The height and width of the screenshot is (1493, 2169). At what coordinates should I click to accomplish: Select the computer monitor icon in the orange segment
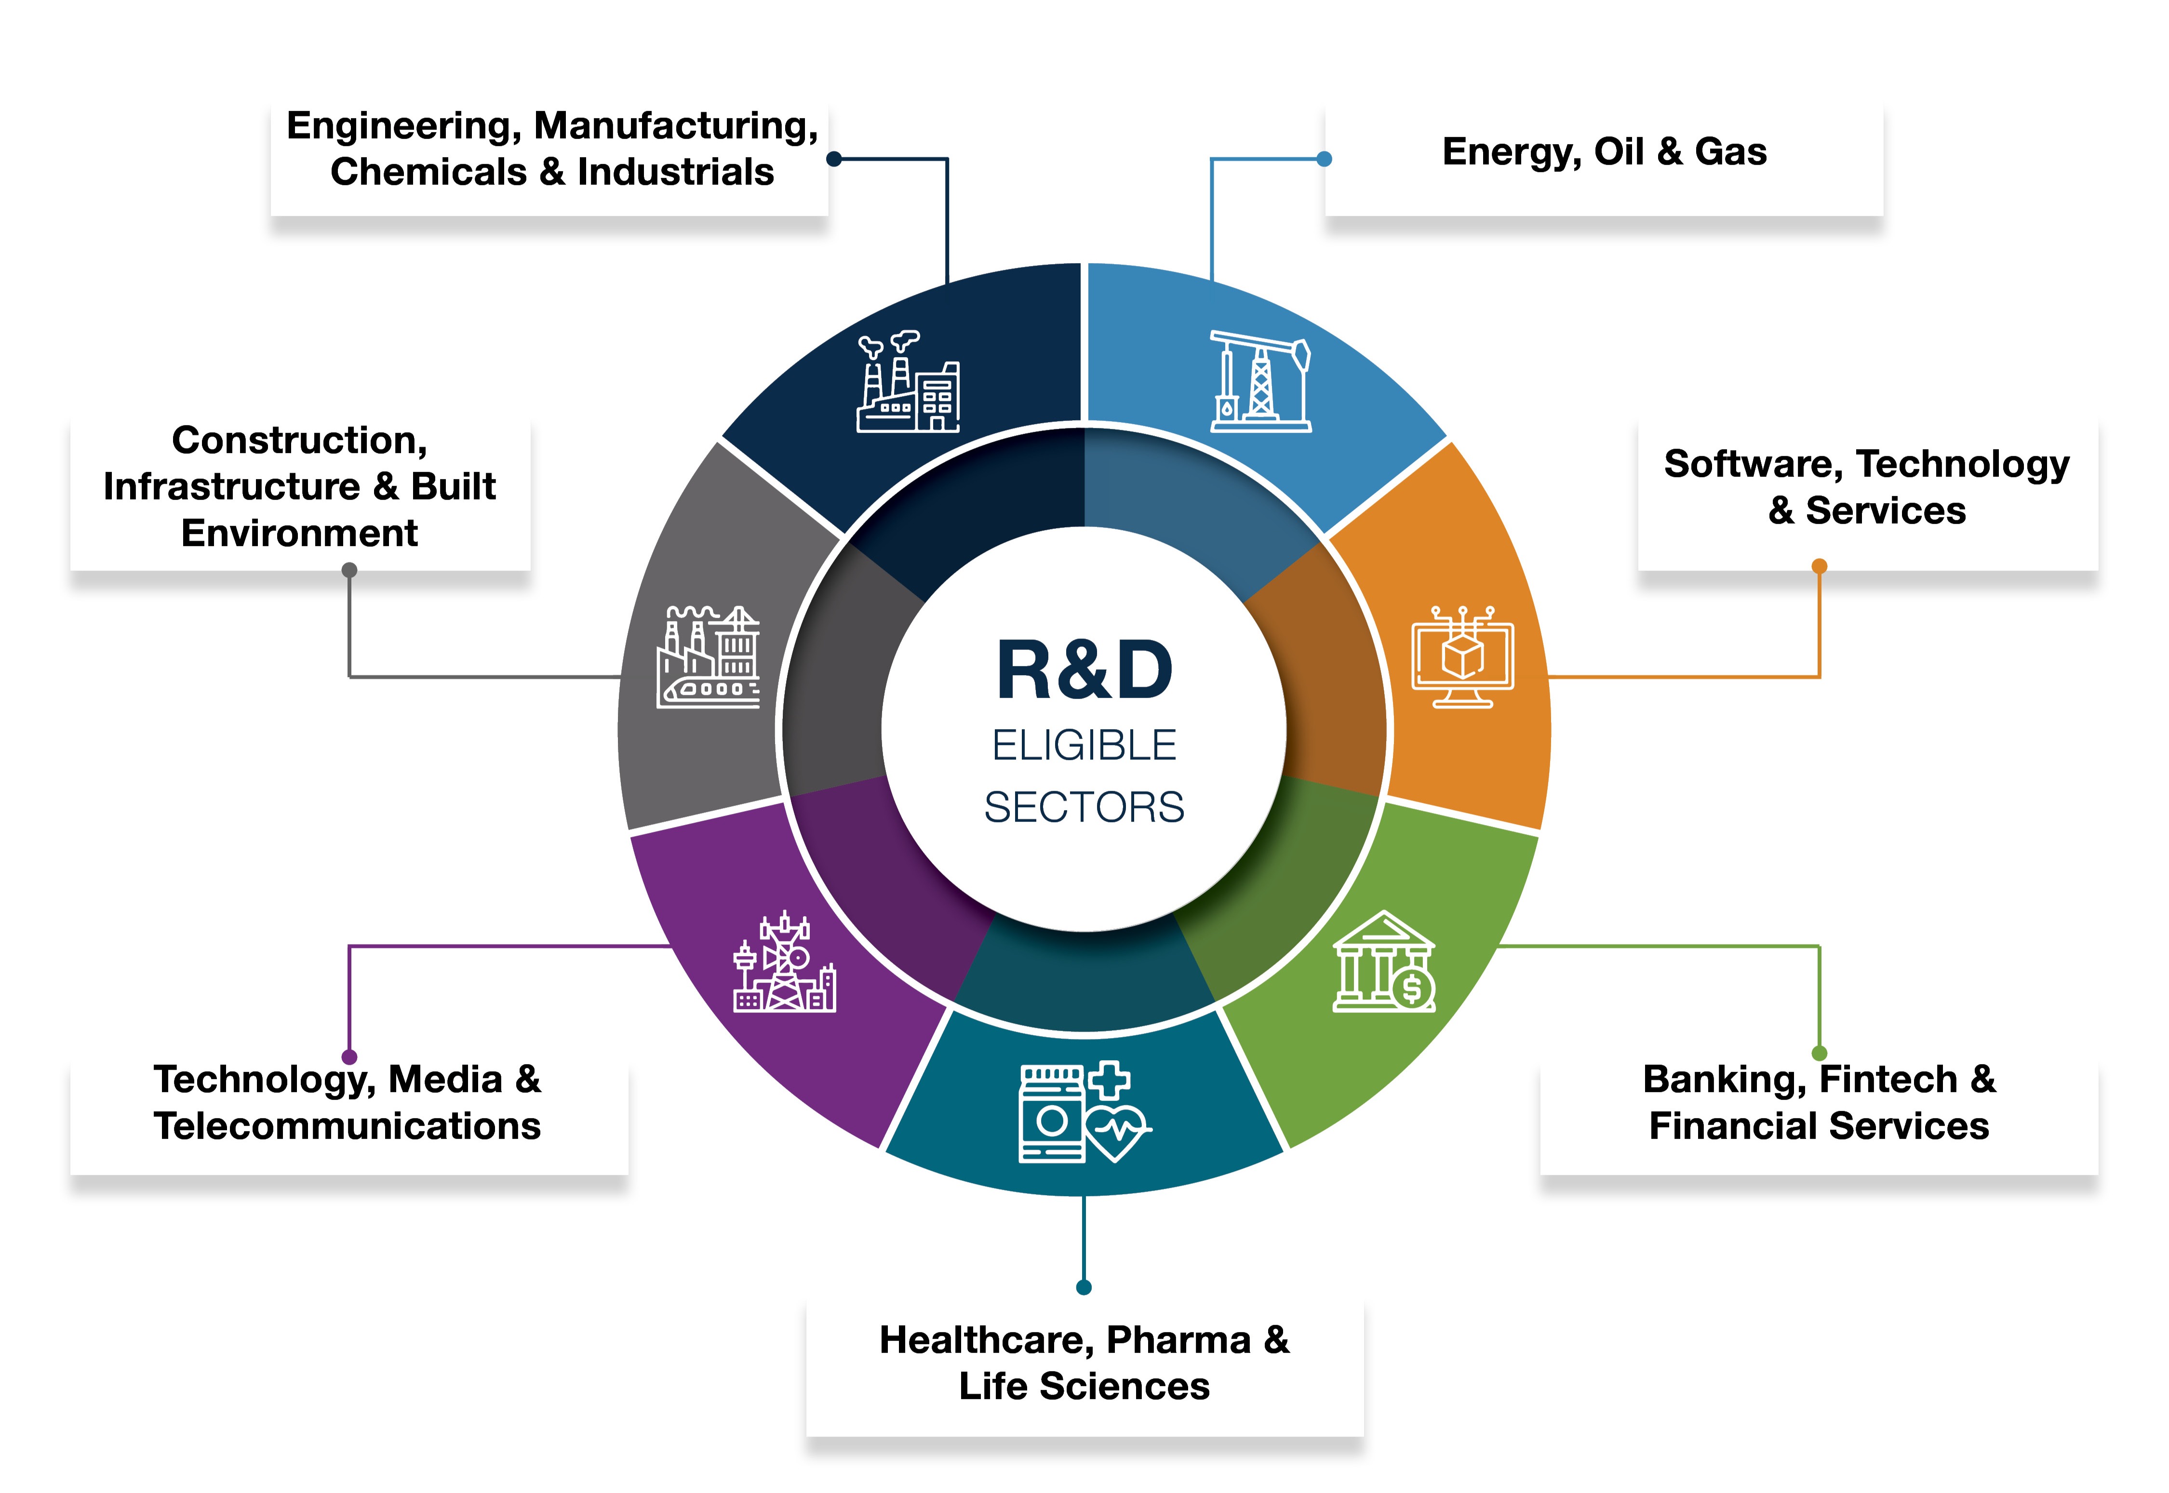1461,657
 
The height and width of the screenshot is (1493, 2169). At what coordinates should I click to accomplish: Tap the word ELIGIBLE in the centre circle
1084,746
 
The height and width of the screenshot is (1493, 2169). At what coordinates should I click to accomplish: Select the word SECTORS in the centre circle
1084,806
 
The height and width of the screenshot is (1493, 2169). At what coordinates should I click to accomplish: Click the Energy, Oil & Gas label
1604,151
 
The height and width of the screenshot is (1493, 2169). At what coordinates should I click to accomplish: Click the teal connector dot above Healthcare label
1084,1287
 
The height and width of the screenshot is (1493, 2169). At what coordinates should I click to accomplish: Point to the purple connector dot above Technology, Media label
349,1057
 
